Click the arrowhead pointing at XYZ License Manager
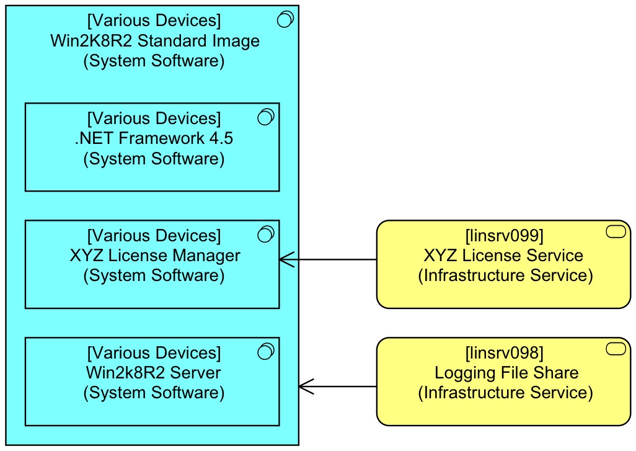click(285, 260)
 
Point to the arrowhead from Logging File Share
click(305, 386)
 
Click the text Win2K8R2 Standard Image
click(154, 42)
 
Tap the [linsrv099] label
click(504, 236)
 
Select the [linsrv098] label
click(504, 354)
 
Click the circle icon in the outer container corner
click(285, 20)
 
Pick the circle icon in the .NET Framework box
click(265, 117)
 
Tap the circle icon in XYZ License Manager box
click(265, 234)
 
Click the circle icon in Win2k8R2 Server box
click(265, 351)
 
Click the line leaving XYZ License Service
click(335, 260)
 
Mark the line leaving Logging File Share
click(344, 386)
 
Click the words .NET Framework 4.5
click(154, 138)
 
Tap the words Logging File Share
click(506, 373)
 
